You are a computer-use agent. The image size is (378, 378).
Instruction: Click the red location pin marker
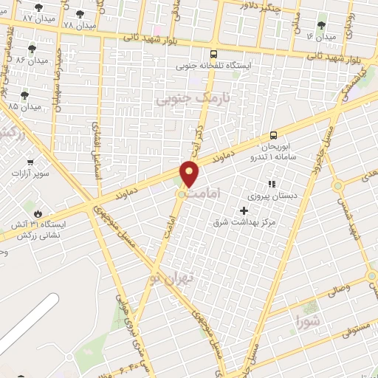click(190, 174)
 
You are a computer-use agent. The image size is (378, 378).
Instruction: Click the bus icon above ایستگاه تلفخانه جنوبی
click(213, 54)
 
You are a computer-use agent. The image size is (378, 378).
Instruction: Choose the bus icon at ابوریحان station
click(273, 134)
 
